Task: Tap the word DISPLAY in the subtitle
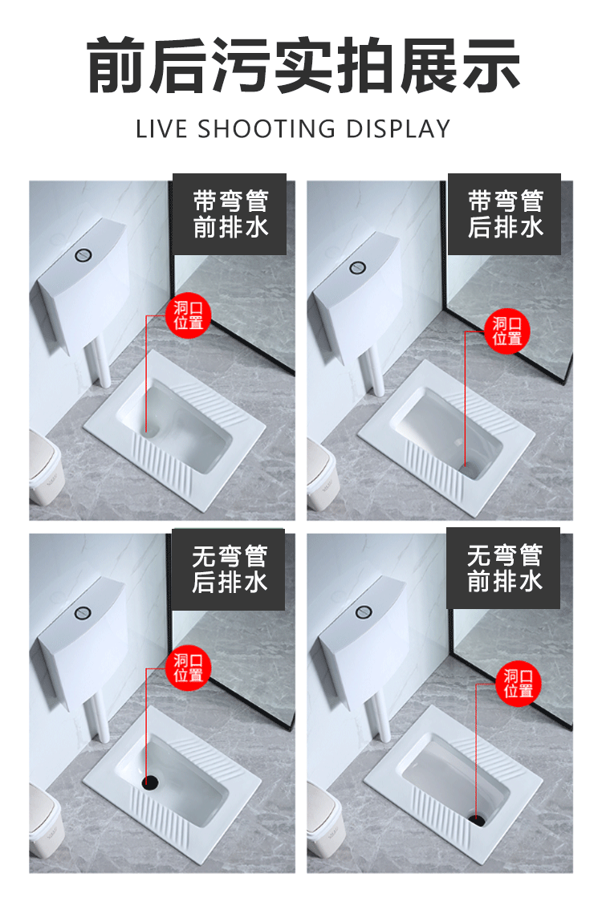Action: tap(398, 128)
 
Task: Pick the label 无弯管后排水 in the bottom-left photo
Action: tap(230, 569)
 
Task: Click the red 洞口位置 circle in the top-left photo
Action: tap(189, 316)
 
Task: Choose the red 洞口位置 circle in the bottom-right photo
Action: tap(519, 684)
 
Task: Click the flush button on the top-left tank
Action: tap(83, 255)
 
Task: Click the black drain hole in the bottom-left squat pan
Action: tap(148, 779)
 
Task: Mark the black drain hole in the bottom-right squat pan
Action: tap(477, 818)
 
